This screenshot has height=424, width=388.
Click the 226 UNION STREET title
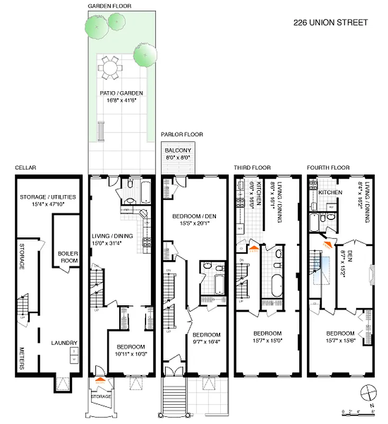pyautogui.click(x=330, y=22)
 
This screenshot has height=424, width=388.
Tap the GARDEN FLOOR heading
pyautogui.click(x=110, y=6)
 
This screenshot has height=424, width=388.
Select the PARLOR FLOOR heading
pyautogui.click(x=182, y=135)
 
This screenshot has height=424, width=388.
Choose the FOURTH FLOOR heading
pyautogui.click(x=328, y=167)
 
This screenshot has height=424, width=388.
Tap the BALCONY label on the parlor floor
pyautogui.click(x=177, y=150)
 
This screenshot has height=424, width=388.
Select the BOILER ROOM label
pyautogui.click(x=68, y=257)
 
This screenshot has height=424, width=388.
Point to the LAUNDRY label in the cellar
pyautogui.click(x=65, y=343)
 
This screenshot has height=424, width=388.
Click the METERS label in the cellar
pyautogui.click(x=22, y=358)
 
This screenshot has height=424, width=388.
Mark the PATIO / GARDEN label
pyautogui.click(x=122, y=93)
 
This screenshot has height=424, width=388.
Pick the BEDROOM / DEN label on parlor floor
pyautogui.click(x=192, y=216)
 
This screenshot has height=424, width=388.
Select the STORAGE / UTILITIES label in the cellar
pyautogui.click(x=48, y=197)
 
